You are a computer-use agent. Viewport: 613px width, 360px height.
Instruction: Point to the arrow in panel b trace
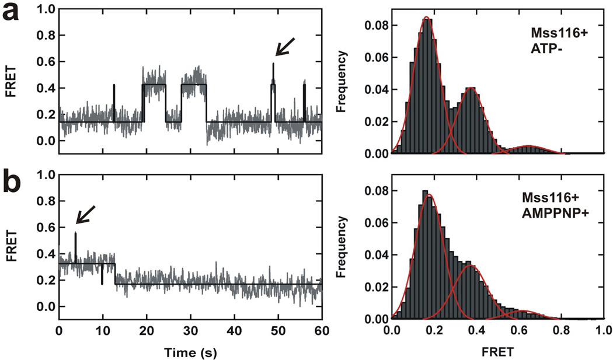[85, 214]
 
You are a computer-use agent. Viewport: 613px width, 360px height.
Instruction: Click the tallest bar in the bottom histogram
[425, 191]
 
